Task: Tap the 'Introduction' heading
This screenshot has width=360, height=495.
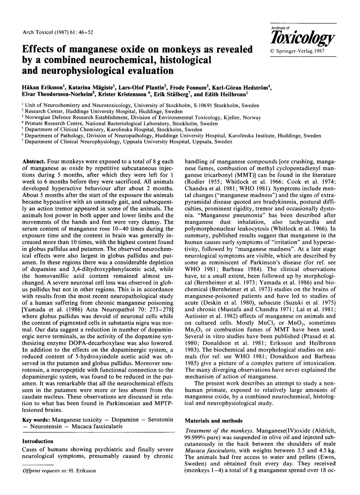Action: [38, 441]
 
